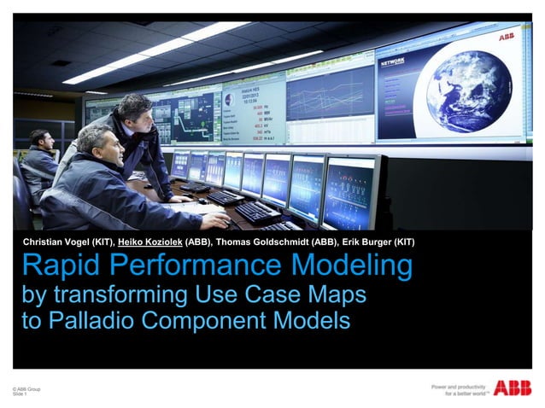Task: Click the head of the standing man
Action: point(135,109)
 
